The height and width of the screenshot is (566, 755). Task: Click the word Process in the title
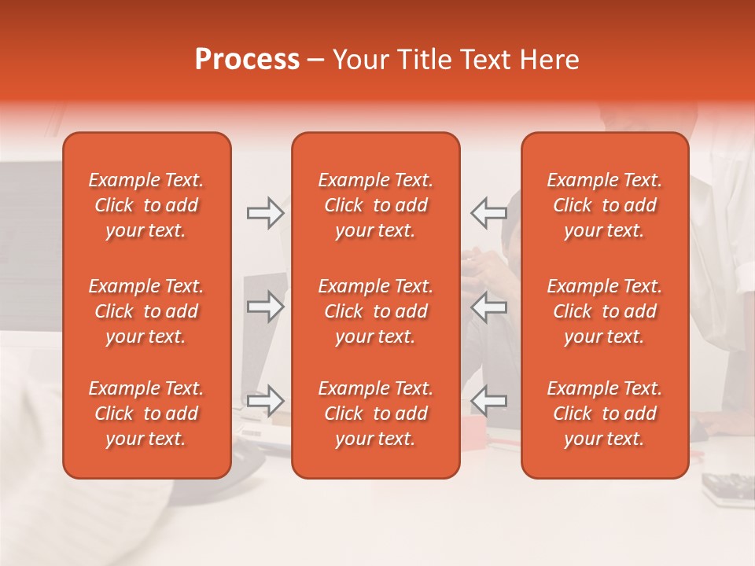click(x=247, y=60)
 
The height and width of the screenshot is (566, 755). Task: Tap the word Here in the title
click(x=550, y=60)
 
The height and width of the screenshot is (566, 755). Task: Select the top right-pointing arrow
click(x=266, y=213)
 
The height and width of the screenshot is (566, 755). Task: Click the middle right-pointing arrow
click(x=266, y=307)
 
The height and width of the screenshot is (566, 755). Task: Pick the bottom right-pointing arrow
click(x=266, y=401)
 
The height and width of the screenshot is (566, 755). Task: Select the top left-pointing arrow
click(x=488, y=213)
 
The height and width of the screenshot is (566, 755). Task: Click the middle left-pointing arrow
click(x=488, y=307)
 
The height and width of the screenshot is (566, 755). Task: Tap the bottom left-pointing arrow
click(x=488, y=401)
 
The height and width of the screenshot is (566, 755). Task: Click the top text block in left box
click(x=146, y=205)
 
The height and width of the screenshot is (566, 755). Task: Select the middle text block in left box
click(x=146, y=311)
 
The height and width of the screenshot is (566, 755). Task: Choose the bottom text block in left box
click(x=146, y=413)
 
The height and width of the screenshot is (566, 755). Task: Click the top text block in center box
click(x=375, y=205)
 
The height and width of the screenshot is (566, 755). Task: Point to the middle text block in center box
click(x=375, y=311)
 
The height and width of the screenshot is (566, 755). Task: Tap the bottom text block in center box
click(x=375, y=413)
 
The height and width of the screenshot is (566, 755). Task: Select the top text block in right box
click(x=604, y=205)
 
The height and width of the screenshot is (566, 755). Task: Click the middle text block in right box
click(x=604, y=311)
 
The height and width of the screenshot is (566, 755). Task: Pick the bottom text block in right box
click(x=604, y=413)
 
